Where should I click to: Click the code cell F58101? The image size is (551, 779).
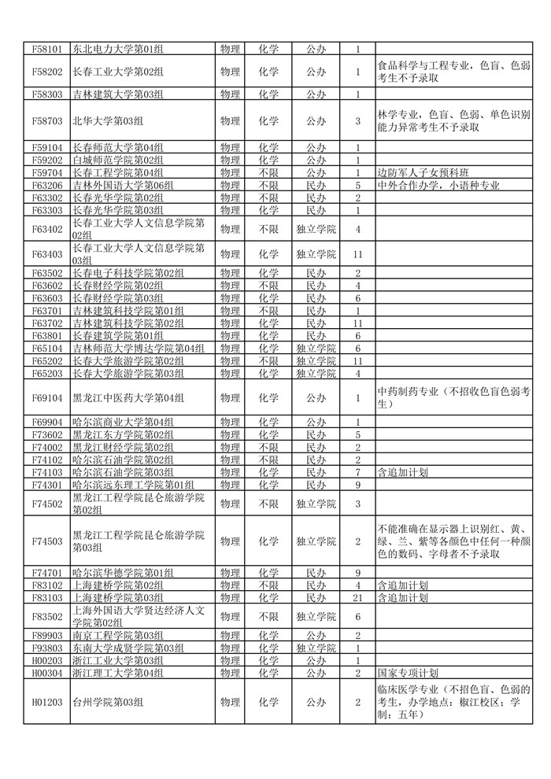[x=46, y=49]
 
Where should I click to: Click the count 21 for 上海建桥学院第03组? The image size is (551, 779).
[x=357, y=597]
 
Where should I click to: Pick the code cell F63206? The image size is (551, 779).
[x=46, y=186]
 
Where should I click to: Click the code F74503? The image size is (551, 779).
[x=46, y=541]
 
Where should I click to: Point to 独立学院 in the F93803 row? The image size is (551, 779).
[x=315, y=648]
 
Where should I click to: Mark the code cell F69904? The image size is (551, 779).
[x=46, y=423]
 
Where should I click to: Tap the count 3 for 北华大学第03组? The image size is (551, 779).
[x=357, y=121]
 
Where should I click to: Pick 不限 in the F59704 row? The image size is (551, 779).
[x=268, y=172]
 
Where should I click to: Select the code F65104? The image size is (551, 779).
[x=46, y=348]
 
